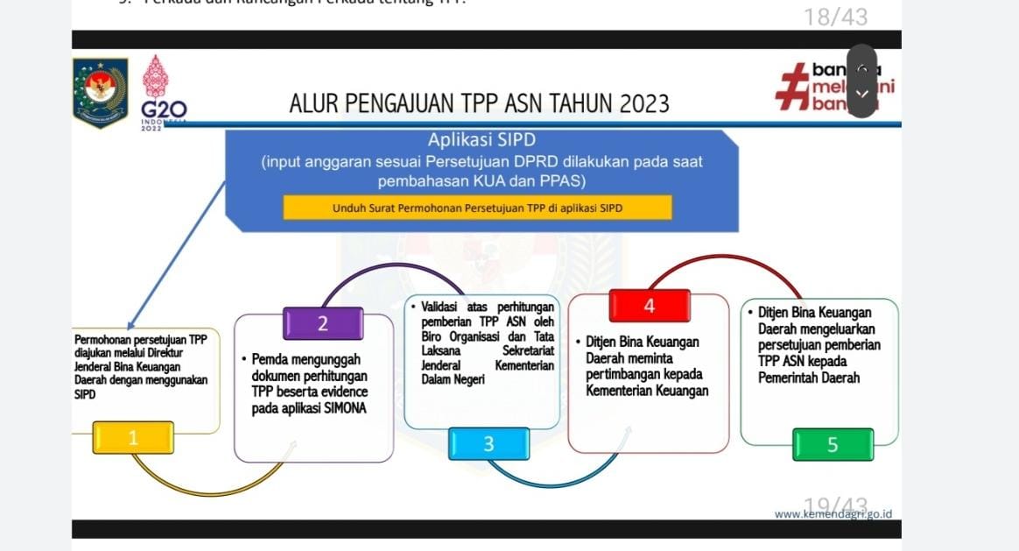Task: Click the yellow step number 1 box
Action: point(133,438)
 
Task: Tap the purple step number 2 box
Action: point(322,323)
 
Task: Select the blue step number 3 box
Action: point(488,444)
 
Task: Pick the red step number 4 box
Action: point(649,306)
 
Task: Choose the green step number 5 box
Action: point(833,444)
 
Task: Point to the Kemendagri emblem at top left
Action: point(100,93)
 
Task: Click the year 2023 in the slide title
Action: point(644,104)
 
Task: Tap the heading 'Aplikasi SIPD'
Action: point(481,140)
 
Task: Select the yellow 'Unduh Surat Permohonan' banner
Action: point(477,208)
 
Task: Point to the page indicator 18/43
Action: point(835,17)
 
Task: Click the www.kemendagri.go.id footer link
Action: point(833,513)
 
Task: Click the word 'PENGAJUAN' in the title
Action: point(397,104)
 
